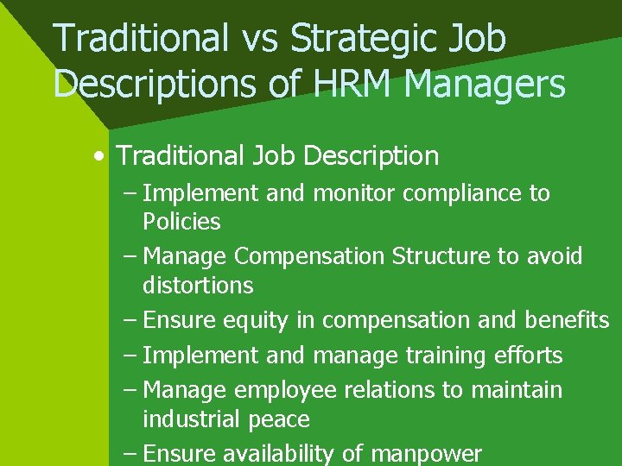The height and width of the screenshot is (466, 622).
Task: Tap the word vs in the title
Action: pyautogui.click(x=260, y=39)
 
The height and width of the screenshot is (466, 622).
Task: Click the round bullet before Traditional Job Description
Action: pyautogui.click(x=102, y=157)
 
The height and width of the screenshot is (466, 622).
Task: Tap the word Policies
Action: pyautogui.click(x=181, y=222)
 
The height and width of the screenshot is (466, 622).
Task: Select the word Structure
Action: pyautogui.click(x=447, y=256)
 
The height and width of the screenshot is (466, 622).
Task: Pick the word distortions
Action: pyautogui.click(x=198, y=285)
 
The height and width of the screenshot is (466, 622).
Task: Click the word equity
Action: pyautogui.click(x=254, y=320)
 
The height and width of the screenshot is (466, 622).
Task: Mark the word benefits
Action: pyautogui.click(x=567, y=320)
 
